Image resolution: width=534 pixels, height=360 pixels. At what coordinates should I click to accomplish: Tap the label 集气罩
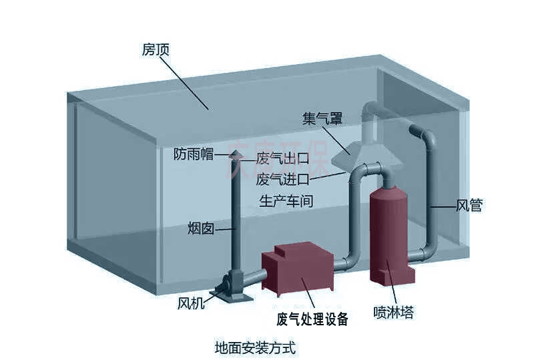tap(322, 119)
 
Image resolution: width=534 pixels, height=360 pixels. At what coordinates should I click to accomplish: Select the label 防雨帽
tap(193, 154)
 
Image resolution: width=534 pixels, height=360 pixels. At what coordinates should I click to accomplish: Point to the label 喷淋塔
tap(393, 312)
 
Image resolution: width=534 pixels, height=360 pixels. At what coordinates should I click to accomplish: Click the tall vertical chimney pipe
tap(234, 214)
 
